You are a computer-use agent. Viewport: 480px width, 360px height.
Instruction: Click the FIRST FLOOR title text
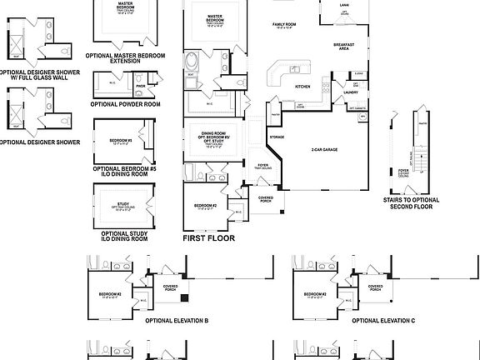pos(208,238)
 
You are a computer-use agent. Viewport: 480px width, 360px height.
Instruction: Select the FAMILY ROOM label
pos(285,25)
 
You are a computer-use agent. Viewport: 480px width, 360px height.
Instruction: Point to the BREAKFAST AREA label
pos(344,46)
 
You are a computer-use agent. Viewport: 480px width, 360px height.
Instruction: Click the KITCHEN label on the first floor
pos(302,86)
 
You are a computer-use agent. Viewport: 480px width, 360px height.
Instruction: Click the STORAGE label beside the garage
pos(276,137)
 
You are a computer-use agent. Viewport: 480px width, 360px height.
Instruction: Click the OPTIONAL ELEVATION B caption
pos(177,320)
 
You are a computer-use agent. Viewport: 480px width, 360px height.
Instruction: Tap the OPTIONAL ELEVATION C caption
pos(382,320)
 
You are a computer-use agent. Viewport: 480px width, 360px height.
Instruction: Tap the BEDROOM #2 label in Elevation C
pos(314,294)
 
